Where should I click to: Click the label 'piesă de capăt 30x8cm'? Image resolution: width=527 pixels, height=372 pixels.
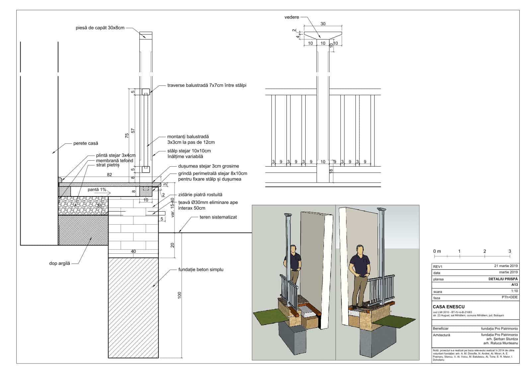point(100,28)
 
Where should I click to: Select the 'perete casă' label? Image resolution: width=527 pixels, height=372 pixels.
point(86,143)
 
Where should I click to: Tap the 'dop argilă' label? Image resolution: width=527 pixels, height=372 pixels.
point(59,264)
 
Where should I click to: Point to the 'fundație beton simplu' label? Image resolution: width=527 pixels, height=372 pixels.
point(201,270)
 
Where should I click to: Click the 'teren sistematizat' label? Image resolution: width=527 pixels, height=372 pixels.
point(218,217)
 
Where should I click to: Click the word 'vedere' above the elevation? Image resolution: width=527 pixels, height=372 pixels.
point(292,17)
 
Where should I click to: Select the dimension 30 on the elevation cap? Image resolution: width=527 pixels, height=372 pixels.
point(323,24)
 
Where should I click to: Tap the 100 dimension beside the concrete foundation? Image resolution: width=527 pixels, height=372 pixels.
point(180,295)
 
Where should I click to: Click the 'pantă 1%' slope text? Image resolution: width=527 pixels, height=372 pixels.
point(97,190)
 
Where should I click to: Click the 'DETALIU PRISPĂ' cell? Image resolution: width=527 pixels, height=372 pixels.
point(503,279)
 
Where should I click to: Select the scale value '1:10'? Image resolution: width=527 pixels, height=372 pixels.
point(514,291)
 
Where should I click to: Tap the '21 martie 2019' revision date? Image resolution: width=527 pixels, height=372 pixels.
point(506,266)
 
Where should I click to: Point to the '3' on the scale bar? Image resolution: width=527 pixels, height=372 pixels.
point(510,251)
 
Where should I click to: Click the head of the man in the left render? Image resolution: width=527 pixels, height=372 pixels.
point(293,249)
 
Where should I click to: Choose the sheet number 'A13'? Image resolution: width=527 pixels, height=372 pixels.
point(514,285)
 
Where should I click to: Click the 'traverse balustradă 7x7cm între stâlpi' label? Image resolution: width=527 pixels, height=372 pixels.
point(207,85)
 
